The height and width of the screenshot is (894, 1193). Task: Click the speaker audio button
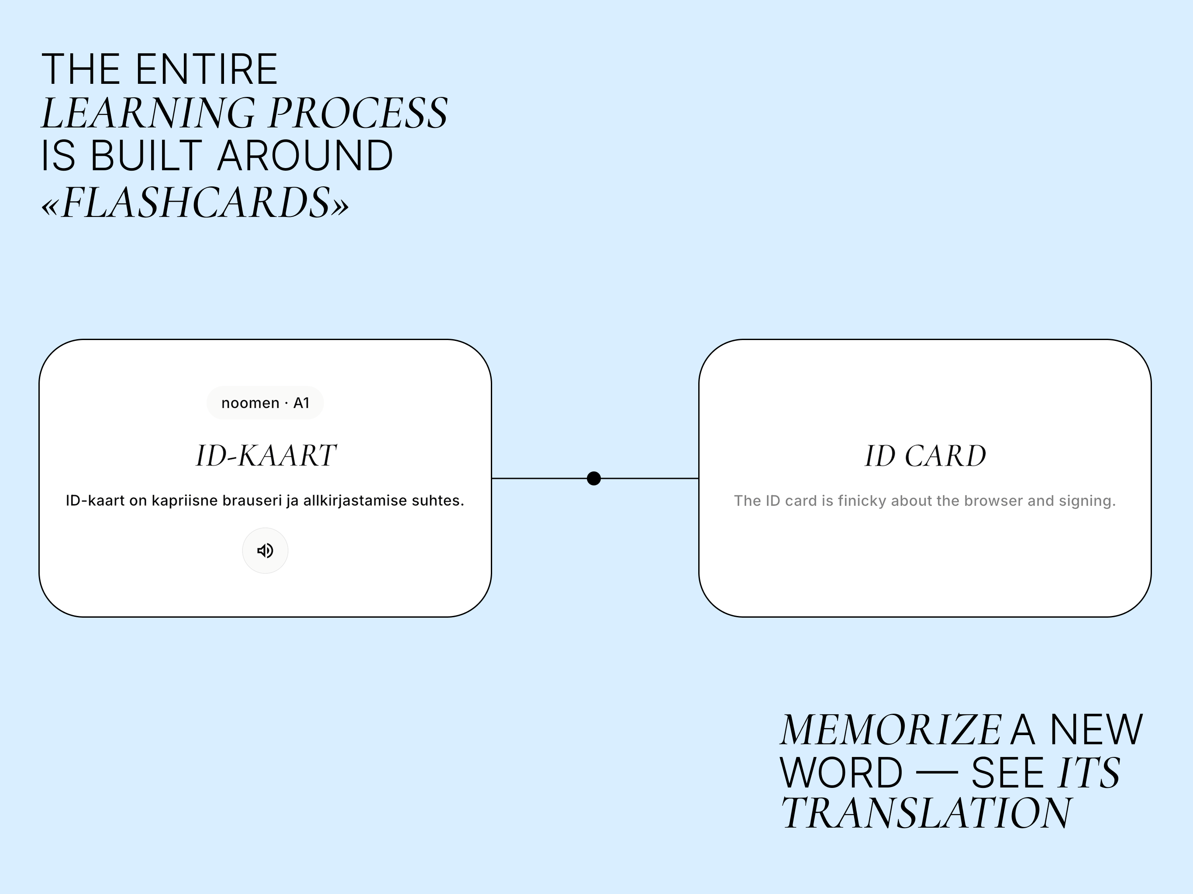click(x=265, y=550)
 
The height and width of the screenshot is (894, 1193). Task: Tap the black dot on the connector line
click(x=594, y=478)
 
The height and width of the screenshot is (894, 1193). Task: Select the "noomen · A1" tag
click(x=265, y=403)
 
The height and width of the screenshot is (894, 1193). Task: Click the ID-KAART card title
click(x=266, y=456)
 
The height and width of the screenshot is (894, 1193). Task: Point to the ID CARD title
click(x=925, y=456)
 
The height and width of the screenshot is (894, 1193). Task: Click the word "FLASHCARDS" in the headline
click(x=196, y=203)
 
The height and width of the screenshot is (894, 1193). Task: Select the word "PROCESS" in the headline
click(x=358, y=113)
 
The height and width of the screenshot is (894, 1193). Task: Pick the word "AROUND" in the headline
click(x=305, y=156)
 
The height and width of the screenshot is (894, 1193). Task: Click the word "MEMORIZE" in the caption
click(x=891, y=730)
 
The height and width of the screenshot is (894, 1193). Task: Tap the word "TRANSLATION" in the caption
click(x=926, y=812)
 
